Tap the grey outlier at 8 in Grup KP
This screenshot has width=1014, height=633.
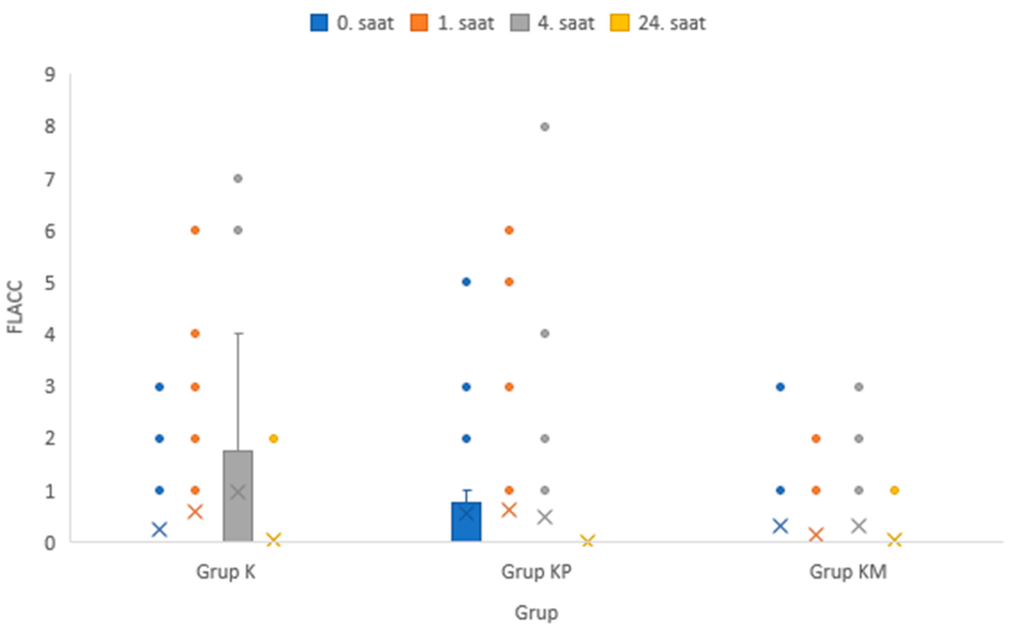tap(544, 127)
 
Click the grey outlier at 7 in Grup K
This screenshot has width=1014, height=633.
tap(238, 179)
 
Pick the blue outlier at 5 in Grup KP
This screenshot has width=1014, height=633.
tap(466, 282)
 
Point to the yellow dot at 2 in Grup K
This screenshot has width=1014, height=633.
tap(273, 439)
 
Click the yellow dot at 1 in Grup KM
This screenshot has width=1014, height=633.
tap(894, 490)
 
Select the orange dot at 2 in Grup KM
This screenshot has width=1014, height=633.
tap(816, 439)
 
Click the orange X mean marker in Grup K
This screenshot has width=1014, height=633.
tap(195, 512)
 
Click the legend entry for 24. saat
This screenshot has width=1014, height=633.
tap(658, 23)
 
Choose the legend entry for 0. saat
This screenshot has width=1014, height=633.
tap(352, 23)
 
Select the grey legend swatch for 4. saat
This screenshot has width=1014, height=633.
tap(519, 23)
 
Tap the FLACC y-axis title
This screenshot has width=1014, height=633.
tap(15, 307)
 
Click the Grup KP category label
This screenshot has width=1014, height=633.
tap(536, 572)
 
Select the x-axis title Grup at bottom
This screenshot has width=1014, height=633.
tap(536, 612)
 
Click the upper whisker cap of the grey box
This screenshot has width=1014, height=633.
tap(238, 334)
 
